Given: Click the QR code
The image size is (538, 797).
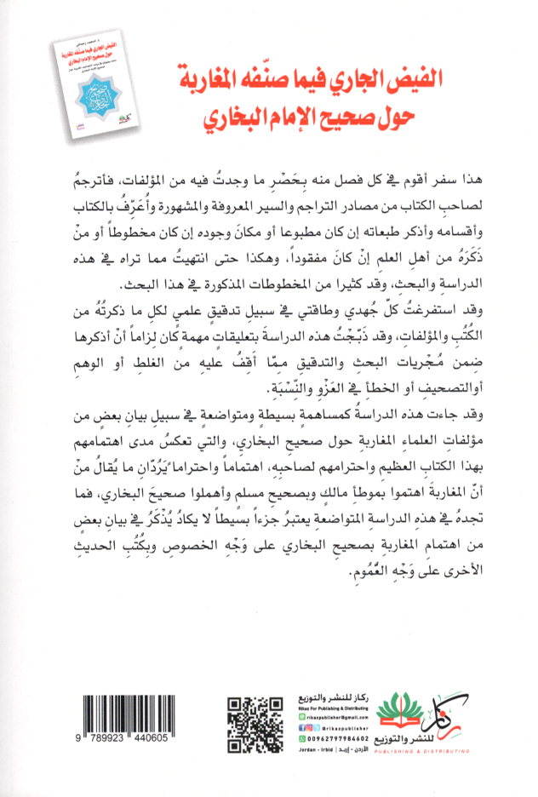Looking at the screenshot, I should click(255, 725).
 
